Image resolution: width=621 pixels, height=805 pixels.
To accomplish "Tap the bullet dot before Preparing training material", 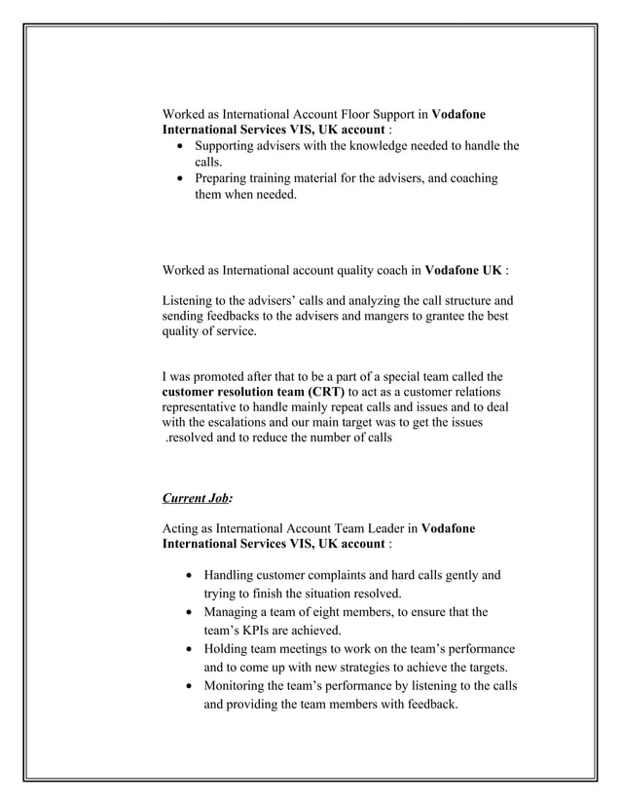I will (x=180, y=179).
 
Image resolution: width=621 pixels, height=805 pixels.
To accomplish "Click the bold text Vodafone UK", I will (x=464, y=268).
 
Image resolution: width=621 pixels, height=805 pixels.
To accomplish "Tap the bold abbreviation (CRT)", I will (x=320, y=391).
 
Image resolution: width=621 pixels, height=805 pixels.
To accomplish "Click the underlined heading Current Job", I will (x=195, y=498).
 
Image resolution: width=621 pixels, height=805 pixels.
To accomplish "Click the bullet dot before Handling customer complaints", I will (x=189, y=576).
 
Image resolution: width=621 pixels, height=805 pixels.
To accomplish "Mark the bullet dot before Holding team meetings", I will (x=189, y=650).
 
